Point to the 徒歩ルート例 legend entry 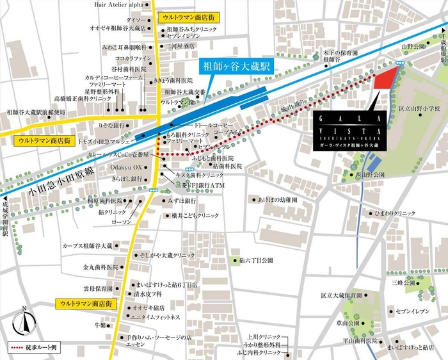point(35,347)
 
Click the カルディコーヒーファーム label point(114,78)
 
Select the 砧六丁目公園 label point(255,261)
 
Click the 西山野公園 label point(369,174)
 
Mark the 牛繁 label point(99,325)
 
